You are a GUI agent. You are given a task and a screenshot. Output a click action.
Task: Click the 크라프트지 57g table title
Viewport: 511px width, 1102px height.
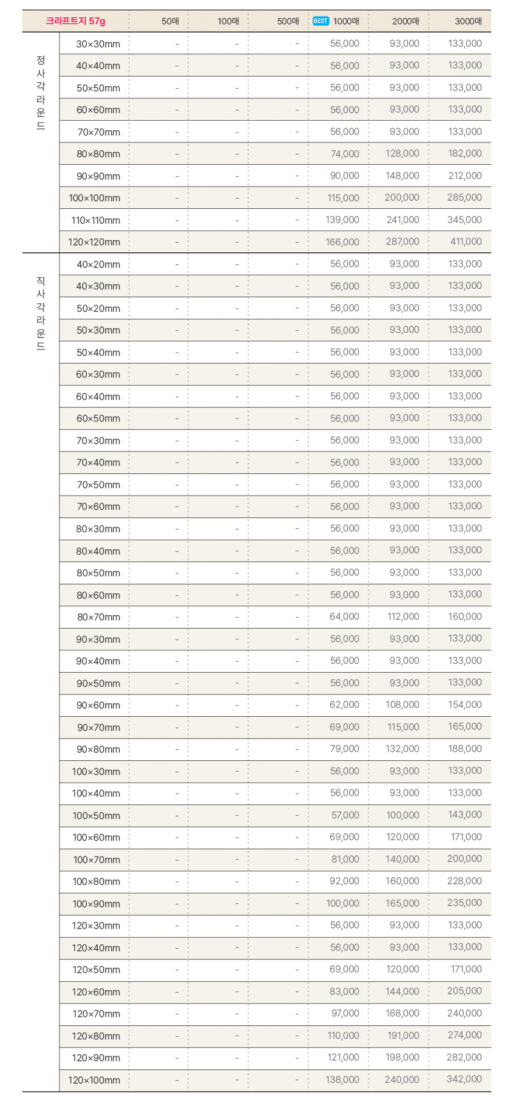point(75,21)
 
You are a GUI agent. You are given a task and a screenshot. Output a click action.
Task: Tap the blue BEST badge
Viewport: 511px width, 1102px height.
point(321,21)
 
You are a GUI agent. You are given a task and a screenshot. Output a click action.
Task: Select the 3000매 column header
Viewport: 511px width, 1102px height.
point(468,21)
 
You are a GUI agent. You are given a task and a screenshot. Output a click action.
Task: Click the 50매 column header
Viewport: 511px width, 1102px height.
point(171,21)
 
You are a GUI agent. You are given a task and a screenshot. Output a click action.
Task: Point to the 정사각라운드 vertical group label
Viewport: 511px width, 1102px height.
point(41,93)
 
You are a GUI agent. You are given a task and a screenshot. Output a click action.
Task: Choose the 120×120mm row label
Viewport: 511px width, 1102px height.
point(94,242)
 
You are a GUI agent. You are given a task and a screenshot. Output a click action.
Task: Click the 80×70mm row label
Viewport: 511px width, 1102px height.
point(98,617)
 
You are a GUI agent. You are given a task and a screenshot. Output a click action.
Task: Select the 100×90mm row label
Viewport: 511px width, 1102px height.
point(96,903)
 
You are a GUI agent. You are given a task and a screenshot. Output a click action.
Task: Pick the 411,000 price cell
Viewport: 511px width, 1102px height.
point(466,241)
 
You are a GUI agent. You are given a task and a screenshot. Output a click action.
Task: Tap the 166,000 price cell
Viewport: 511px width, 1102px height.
point(342,242)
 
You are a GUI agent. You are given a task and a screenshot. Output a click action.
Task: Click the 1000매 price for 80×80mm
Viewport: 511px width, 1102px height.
point(344,154)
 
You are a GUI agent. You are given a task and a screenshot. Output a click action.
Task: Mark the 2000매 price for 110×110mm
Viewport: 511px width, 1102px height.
point(403,220)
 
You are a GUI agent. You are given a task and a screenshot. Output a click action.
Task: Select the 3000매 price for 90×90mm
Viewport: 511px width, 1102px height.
point(465,176)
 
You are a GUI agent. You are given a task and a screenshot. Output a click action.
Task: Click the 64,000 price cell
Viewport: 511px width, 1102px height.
point(344,616)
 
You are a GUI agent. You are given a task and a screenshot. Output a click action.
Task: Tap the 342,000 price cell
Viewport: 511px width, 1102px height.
point(464,1079)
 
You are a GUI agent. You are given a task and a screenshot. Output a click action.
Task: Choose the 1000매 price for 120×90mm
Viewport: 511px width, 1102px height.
point(343,1057)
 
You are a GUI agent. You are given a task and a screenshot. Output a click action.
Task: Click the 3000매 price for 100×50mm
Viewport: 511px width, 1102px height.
point(465,815)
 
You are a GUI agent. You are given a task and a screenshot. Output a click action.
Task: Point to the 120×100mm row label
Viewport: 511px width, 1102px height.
point(94,1080)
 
